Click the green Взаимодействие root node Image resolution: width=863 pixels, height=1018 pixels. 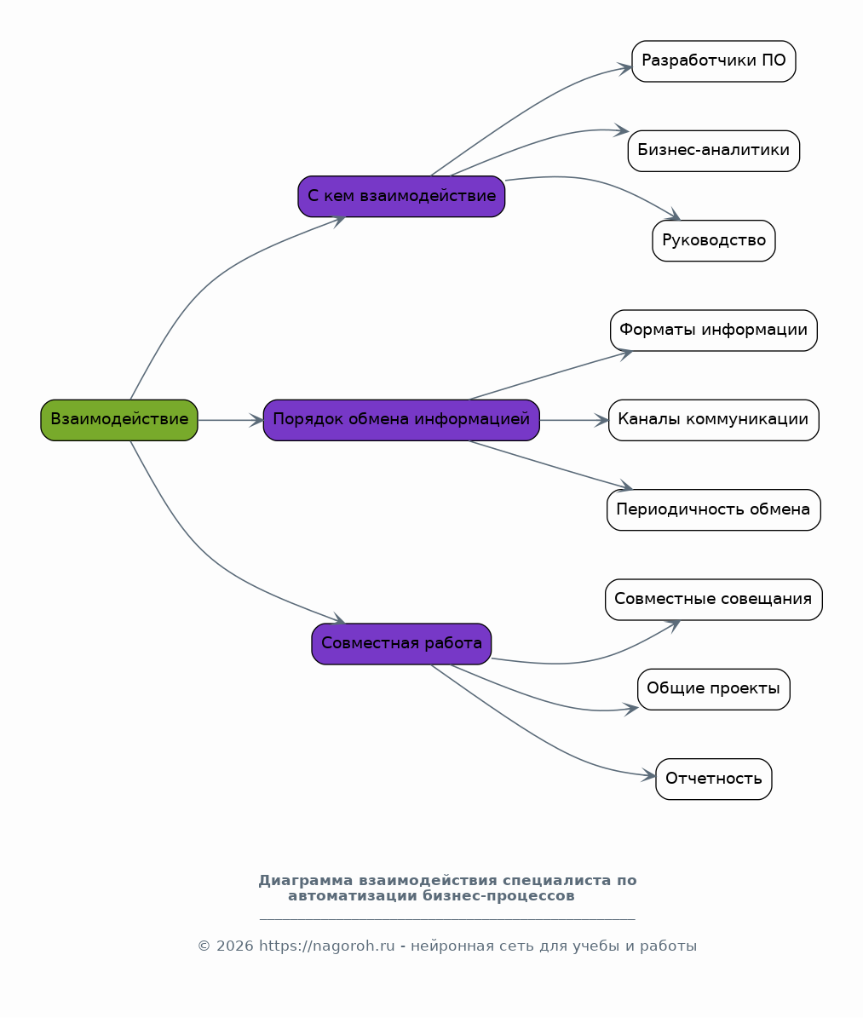(118, 420)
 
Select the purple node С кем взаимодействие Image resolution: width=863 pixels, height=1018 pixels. (401, 196)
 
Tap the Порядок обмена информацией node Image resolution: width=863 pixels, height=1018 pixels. (401, 420)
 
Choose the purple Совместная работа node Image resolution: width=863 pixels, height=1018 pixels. (401, 644)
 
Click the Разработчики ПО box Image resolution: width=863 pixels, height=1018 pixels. (714, 61)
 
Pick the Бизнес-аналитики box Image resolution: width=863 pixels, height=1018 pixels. (714, 151)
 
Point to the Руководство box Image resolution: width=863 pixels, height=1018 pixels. (714, 241)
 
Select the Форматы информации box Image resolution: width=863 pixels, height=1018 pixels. (714, 331)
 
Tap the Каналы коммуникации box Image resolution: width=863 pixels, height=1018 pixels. (714, 420)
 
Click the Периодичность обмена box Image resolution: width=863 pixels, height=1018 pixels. (714, 509)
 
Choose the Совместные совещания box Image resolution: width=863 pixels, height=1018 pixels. (714, 599)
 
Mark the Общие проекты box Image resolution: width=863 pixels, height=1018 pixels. (714, 689)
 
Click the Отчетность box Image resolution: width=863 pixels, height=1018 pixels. (714, 779)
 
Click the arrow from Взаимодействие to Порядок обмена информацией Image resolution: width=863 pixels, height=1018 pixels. (231, 420)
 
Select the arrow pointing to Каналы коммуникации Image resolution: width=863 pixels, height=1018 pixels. (574, 420)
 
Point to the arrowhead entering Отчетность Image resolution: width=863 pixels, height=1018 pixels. (648, 774)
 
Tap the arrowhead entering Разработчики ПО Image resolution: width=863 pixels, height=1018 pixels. (624, 67)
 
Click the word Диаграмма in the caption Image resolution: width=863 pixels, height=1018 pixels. (306, 881)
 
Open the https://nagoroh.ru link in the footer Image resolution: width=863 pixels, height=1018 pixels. (326, 946)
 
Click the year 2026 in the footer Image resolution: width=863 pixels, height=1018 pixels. (234, 946)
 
